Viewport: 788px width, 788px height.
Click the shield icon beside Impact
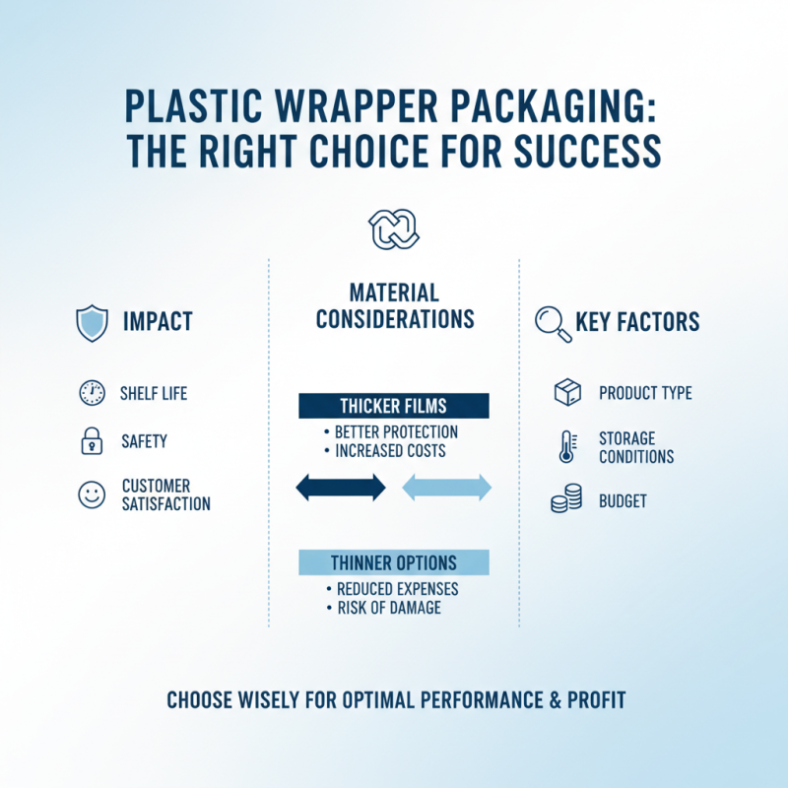(92, 323)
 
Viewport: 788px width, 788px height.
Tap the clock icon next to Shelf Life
(92, 394)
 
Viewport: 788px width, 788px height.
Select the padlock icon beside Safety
(92, 442)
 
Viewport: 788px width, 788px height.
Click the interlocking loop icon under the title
(394, 230)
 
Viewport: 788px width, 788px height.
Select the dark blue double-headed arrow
(341, 487)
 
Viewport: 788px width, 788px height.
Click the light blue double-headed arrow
(447, 487)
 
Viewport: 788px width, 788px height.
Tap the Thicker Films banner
(394, 406)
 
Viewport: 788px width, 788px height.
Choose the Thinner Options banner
(394, 562)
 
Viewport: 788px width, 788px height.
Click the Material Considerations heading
(394, 305)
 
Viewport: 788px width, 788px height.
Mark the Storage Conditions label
(636, 447)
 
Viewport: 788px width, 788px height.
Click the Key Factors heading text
(637, 322)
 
